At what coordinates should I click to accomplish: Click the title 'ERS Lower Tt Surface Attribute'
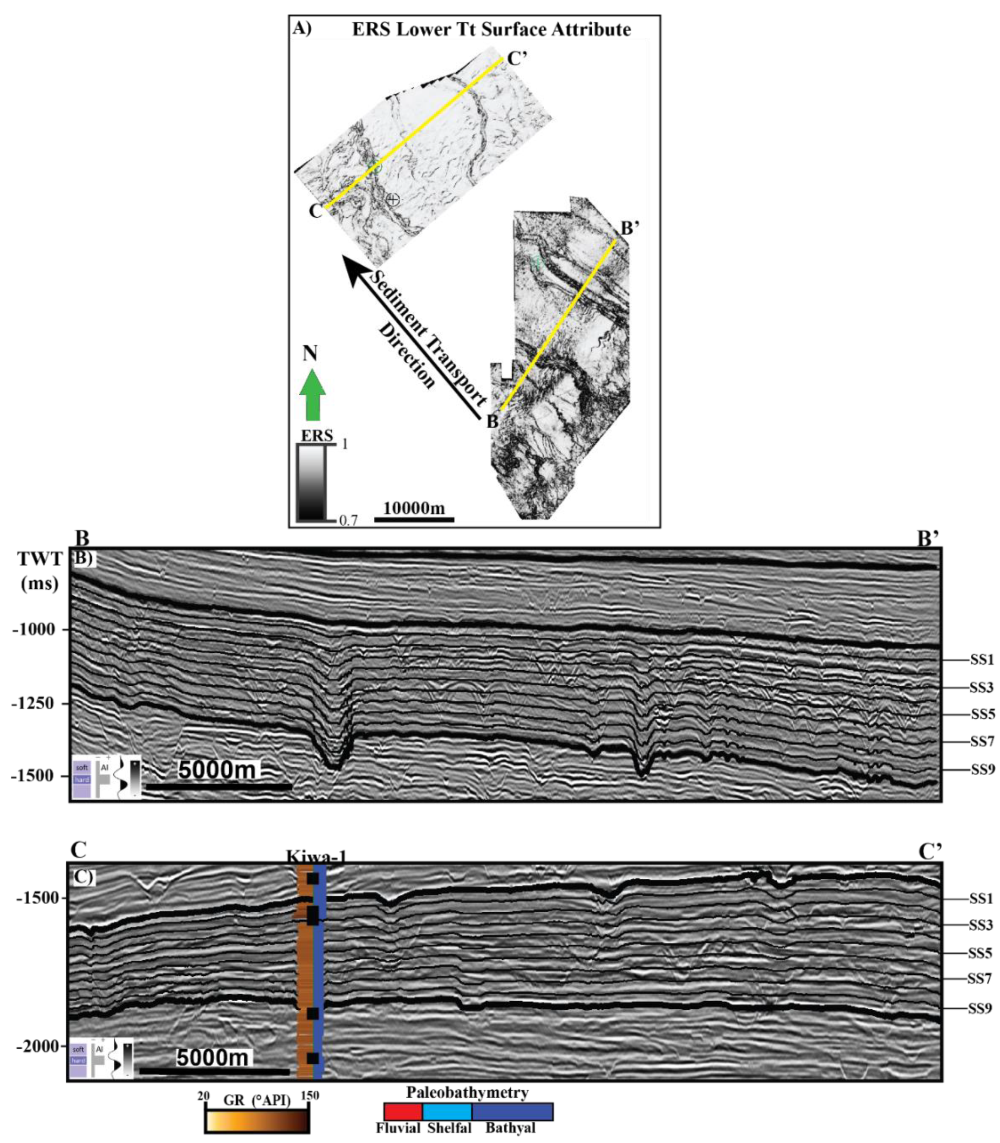pos(491,29)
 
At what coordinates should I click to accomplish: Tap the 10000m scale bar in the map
pos(414,519)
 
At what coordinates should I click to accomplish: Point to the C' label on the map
pos(516,59)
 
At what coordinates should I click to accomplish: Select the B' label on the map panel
pos(630,228)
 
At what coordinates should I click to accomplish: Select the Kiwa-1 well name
pos(316,856)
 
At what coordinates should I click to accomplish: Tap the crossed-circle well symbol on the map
pos(393,199)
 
